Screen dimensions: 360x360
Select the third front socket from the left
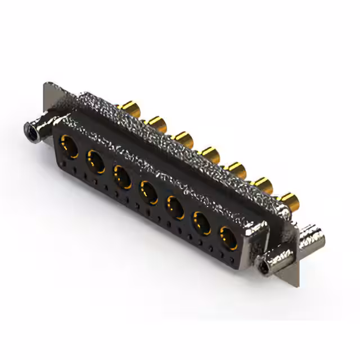pyautogui.click(x=123, y=175)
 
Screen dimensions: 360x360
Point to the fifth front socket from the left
pyautogui.click(x=175, y=206)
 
